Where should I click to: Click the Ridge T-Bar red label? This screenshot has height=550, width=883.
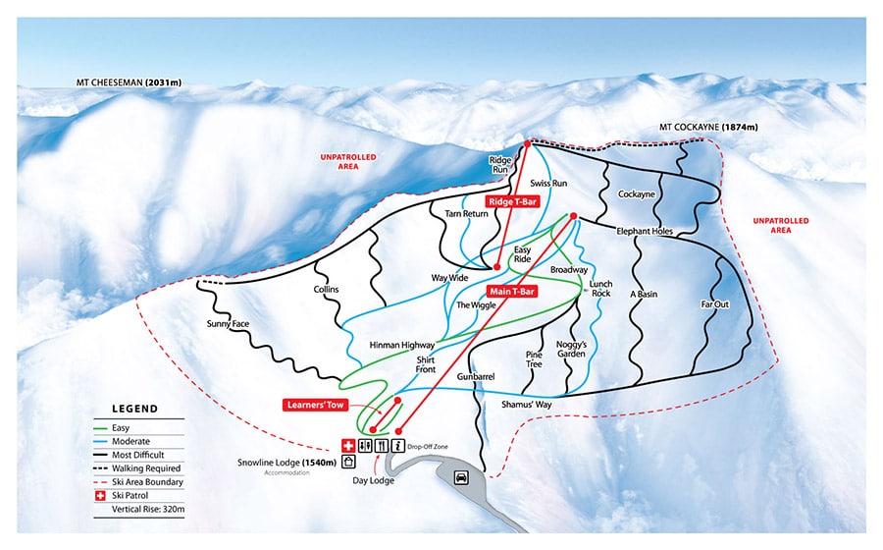[x=512, y=201]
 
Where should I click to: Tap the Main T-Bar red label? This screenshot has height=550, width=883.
[x=511, y=291]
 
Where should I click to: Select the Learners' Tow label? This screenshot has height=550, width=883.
[x=317, y=404]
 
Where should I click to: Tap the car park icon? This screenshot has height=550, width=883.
[x=460, y=477]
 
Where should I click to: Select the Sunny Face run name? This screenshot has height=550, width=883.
[x=228, y=323]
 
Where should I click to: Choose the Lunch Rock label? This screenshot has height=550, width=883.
[x=600, y=288]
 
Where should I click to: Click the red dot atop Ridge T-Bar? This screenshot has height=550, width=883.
[x=527, y=143]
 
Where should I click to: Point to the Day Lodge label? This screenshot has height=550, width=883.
[x=374, y=480]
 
